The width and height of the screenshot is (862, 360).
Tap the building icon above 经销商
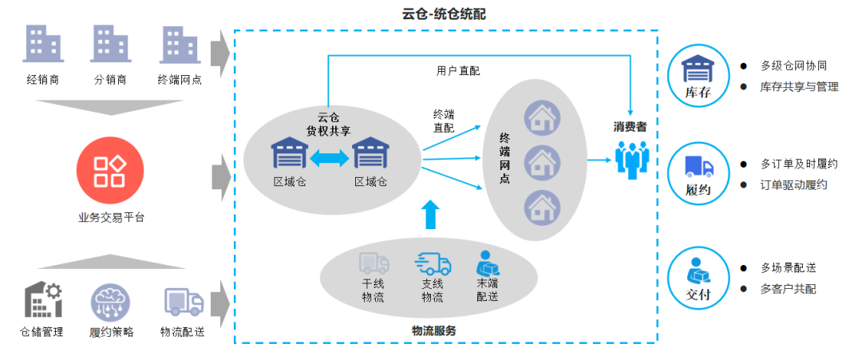43,43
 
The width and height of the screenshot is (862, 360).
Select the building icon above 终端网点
180,45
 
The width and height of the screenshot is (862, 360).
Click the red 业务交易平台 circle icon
111,170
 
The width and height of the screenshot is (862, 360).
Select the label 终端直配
445,120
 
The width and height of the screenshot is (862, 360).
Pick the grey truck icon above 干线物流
374,263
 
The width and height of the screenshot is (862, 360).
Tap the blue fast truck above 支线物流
433,263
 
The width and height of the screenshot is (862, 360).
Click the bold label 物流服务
434,330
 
